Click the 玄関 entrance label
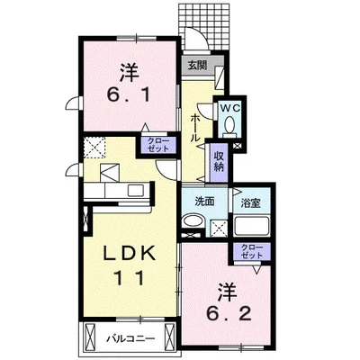click(x=197, y=66)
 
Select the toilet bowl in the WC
click(x=230, y=126)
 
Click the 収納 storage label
click(x=219, y=162)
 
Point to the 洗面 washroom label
click(x=205, y=202)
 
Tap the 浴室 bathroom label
click(x=250, y=203)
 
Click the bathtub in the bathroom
click(x=251, y=226)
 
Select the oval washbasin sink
click(x=193, y=222)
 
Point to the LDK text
click(x=130, y=253)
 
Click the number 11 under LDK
click(x=130, y=279)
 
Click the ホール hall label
click(x=194, y=128)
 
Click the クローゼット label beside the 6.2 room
click(x=252, y=251)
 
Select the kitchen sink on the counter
click(x=136, y=190)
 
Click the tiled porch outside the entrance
click(x=206, y=27)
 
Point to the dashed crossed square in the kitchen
click(x=94, y=147)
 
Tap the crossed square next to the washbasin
click(x=219, y=227)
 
